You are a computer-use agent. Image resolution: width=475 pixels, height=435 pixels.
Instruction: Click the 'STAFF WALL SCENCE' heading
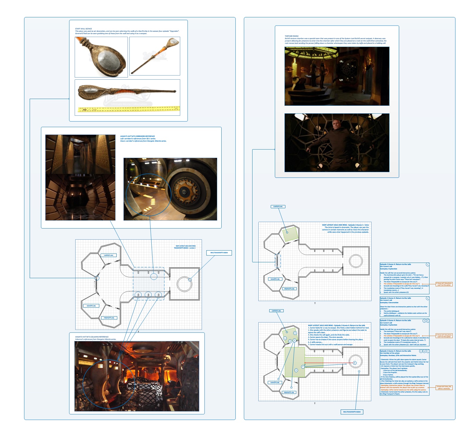click(83, 29)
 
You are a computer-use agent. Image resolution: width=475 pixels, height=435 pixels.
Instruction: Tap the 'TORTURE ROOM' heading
click(291, 36)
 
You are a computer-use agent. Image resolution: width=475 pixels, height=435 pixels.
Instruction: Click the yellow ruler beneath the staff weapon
click(128, 109)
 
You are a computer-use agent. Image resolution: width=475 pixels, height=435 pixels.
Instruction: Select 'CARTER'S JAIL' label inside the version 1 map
click(108, 255)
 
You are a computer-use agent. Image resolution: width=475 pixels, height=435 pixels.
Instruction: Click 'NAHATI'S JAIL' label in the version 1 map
click(91, 306)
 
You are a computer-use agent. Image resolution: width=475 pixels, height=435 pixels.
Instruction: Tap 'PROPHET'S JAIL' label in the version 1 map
click(109, 318)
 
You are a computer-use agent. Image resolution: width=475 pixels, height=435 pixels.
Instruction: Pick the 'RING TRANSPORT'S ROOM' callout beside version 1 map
click(219, 253)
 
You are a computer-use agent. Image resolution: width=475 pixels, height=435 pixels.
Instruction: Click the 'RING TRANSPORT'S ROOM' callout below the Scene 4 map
click(352, 412)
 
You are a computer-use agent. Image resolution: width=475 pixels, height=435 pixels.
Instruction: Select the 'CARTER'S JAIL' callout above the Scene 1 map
click(278, 206)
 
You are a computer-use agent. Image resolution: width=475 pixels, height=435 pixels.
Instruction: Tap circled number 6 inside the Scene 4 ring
click(355, 363)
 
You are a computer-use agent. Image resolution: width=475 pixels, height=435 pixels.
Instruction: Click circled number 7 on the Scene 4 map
click(303, 367)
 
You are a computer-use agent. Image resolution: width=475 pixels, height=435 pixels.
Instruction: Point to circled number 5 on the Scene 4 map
click(296, 370)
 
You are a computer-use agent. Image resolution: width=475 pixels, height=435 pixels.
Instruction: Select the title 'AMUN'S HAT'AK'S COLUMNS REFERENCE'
click(92, 337)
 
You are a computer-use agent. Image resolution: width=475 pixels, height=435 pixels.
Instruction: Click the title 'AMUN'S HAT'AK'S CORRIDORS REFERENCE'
click(137, 136)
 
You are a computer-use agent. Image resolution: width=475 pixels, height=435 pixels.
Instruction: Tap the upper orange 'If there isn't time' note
click(444, 284)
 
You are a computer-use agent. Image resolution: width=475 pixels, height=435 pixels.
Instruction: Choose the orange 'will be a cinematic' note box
click(444, 388)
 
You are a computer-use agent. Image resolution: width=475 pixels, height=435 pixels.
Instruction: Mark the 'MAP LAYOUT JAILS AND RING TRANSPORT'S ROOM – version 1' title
click(185, 247)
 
